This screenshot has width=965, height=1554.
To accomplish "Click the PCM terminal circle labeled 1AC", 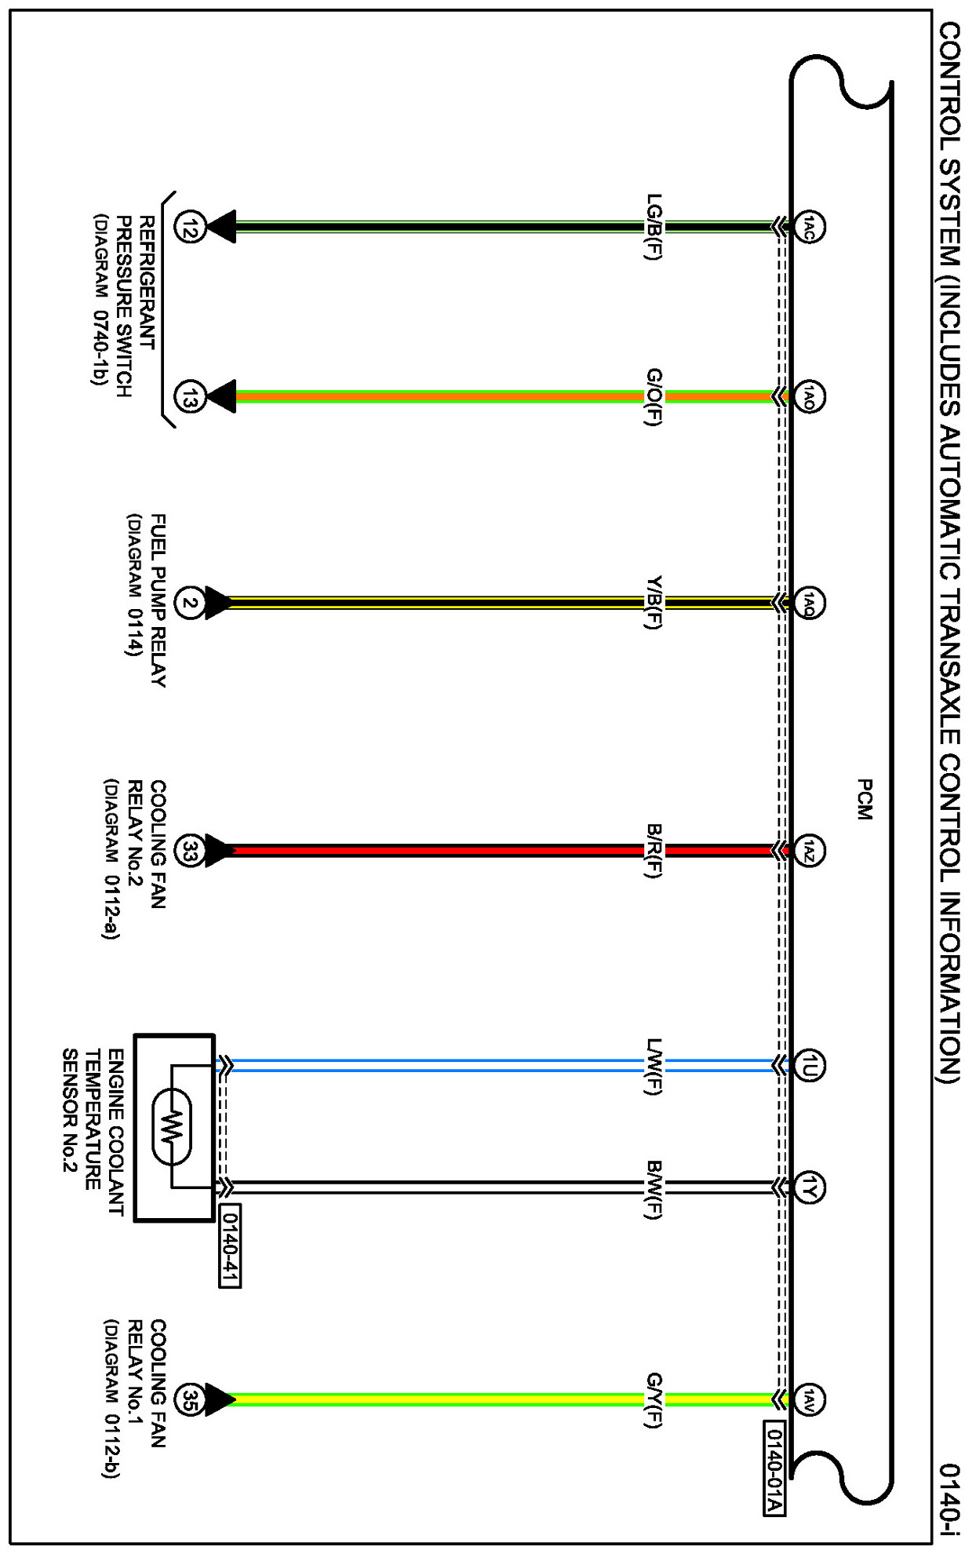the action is (x=810, y=228).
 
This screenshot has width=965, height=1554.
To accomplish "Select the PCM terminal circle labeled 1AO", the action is (x=810, y=396).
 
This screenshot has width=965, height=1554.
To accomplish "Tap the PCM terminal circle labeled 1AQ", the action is (x=810, y=604).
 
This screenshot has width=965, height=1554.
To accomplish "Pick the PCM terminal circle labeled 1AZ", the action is (x=810, y=850).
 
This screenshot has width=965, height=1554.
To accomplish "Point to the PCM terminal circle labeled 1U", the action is (x=810, y=1065).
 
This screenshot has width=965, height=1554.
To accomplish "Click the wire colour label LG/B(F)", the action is (x=654, y=227).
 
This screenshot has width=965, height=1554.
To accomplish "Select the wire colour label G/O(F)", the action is (x=654, y=397).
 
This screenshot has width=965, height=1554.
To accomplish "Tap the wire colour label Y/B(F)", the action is (x=654, y=603).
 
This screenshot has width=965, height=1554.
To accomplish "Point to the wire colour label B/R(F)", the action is (x=654, y=850).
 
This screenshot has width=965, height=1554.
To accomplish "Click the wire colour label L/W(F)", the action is (x=654, y=1066).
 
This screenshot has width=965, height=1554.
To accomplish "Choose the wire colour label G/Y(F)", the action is (x=654, y=1400).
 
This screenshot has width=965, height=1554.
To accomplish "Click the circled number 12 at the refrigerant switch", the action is (x=189, y=228).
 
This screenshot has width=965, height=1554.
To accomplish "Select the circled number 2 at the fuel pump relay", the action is (x=189, y=603).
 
